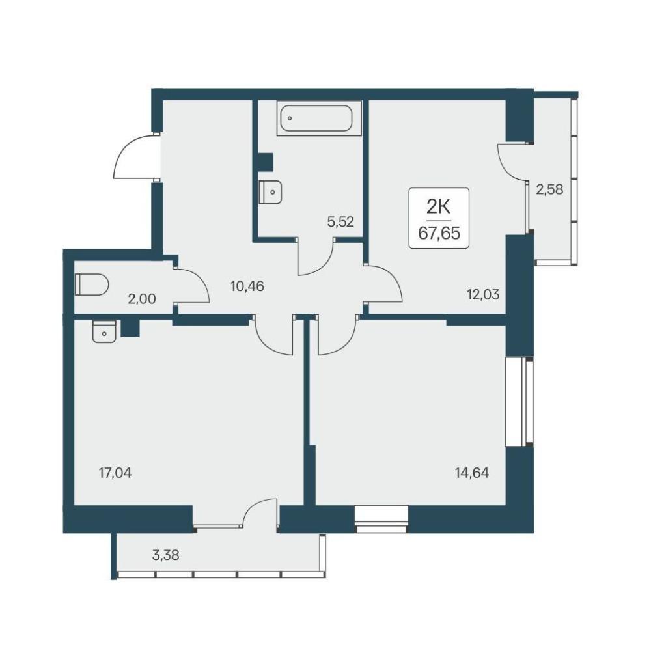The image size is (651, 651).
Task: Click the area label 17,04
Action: [115, 473]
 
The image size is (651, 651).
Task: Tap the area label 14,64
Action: [472, 473]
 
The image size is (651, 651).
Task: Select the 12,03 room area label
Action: [483, 295]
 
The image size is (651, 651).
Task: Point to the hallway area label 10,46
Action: [247, 286]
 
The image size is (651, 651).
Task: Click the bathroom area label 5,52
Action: [340, 222]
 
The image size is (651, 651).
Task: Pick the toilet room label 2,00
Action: [142, 299]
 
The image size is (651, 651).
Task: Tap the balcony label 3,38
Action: [165, 555]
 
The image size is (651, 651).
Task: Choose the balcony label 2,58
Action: [549, 189]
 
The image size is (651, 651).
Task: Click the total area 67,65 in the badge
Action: [439, 233]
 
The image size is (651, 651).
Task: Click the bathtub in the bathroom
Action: [316, 118]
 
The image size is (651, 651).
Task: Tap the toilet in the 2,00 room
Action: [92, 284]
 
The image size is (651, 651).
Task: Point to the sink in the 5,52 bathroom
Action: [271, 193]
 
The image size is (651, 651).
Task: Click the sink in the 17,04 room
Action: [104, 332]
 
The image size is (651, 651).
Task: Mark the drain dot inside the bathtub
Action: [290, 118]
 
